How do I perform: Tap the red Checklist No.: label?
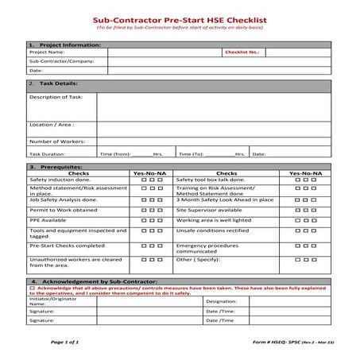[242, 52]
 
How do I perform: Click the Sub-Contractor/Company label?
[61, 60]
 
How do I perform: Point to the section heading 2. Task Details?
[52, 83]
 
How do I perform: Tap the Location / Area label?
[52, 125]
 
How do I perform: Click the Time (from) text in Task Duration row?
[115, 153]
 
